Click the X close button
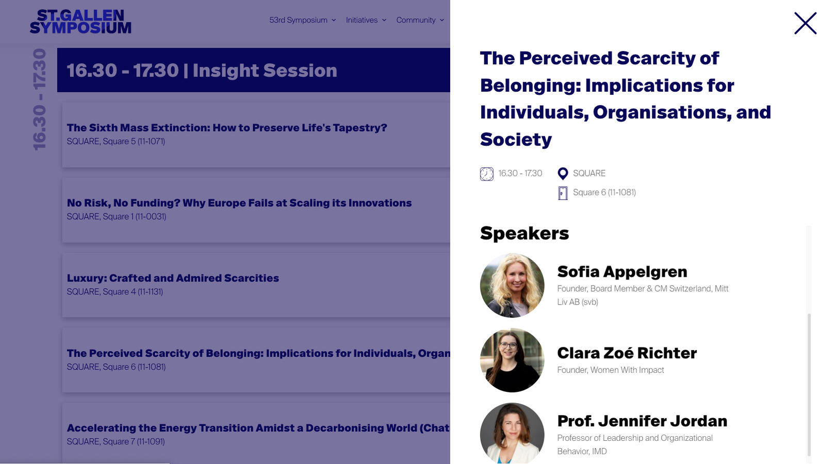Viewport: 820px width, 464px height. point(805,23)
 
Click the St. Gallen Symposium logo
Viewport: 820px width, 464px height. point(80,22)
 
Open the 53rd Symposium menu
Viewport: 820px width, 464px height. point(302,20)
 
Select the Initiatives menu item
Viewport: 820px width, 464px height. point(366,20)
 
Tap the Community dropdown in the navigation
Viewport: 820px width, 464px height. point(420,20)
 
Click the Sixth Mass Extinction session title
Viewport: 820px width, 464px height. point(227,128)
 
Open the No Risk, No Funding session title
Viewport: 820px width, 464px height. point(239,203)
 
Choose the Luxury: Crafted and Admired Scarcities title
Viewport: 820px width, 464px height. point(173,278)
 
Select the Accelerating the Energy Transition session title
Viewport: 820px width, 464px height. point(258,428)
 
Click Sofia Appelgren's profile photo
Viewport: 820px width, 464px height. point(512,286)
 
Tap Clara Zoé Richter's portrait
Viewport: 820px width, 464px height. point(512,360)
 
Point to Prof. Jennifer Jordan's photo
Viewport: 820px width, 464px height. point(512,433)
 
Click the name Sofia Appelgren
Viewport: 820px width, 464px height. point(622,272)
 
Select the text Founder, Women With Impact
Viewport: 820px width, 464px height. point(611,370)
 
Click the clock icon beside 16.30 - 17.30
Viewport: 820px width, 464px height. point(486,174)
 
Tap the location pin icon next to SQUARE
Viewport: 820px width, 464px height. point(563,173)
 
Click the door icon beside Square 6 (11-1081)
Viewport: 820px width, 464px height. point(563,193)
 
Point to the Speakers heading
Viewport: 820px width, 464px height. point(524,234)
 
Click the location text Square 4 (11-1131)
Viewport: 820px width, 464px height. point(133,292)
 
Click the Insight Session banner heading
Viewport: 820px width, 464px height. point(202,70)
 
